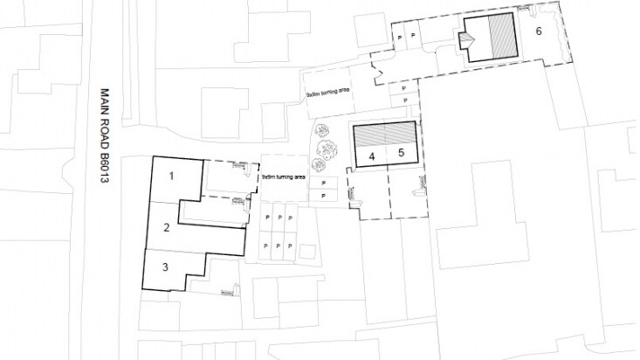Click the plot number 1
coord(171,176)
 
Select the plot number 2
coord(164,228)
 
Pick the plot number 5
coord(401,154)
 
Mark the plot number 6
coord(539,31)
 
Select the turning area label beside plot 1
coord(284,177)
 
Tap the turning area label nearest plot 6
coord(327,92)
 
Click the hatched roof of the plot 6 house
coord(503,38)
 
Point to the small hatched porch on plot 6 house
coord(467,39)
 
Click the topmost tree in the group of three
coord(325,131)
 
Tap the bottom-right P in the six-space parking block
coord(290,246)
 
